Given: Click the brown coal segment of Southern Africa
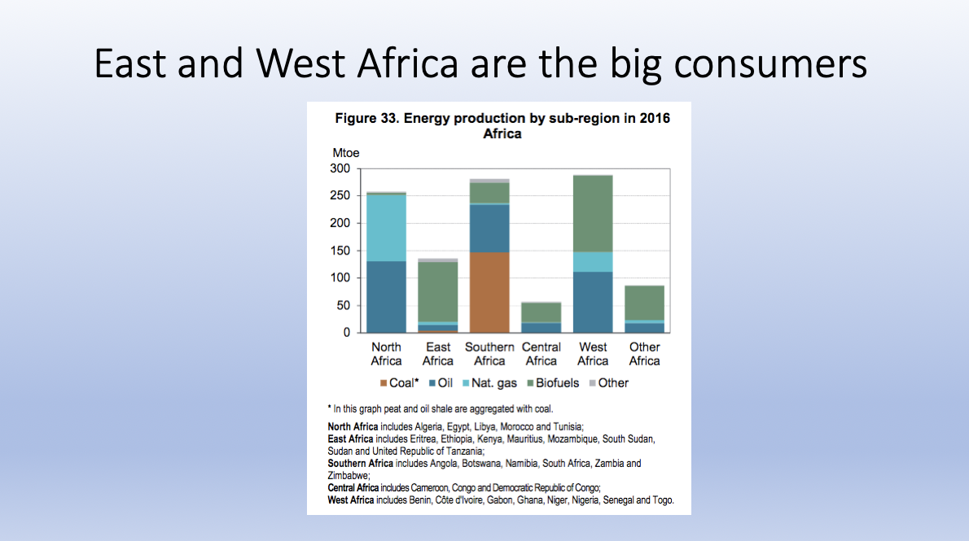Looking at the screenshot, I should [489, 292].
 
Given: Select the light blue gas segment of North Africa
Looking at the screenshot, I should [386, 228].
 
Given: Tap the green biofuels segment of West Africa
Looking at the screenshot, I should [593, 213].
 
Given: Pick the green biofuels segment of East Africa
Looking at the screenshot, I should [438, 291].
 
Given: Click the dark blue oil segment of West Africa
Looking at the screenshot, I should [593, 302].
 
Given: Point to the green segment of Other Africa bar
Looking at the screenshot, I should [644, 303].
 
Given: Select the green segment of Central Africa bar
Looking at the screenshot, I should [541, 312].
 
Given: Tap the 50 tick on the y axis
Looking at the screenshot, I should [344, 306].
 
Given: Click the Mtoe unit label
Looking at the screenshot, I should [345, 153].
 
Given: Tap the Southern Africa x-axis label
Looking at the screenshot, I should [489, 354].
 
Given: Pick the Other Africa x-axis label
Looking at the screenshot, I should [644, 354].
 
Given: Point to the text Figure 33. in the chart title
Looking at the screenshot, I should [366, 119].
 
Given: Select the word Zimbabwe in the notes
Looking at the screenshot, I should [348, 475].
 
